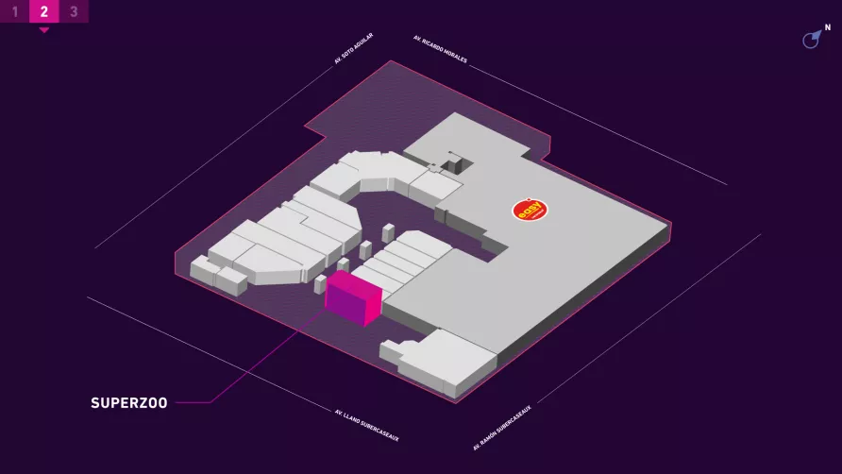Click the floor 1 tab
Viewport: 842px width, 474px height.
click(14, 11)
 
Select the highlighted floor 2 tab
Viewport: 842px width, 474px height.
click(44, 11)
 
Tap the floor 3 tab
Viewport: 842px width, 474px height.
click(75, 11)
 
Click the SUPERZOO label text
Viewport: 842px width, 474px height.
click(129, 403)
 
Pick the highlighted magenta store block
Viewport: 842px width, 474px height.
click(354, 297)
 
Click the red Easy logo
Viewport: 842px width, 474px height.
click(530, 210)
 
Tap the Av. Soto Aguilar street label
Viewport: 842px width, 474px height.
click(353, 49)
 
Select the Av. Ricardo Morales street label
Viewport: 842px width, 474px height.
click(440, 49)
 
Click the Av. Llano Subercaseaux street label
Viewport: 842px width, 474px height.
click(367, 426)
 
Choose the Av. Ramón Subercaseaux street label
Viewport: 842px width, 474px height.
click(502, 428)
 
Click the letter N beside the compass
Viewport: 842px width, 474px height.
click(828, 27)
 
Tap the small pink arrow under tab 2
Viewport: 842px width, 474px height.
click(44, 30)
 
